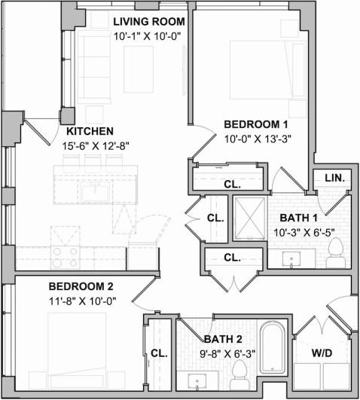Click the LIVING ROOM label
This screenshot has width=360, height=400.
coord(149,22)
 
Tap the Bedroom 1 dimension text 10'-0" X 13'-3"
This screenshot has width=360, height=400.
coord(258,139)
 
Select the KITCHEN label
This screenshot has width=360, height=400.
coord(90,131)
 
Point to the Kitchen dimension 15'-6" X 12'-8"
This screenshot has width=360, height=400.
coord(96,146)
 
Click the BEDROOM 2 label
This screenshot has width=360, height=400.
coord(81,286)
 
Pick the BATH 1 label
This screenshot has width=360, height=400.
coord(299,218)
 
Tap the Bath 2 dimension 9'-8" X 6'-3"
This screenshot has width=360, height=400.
coord(227,354)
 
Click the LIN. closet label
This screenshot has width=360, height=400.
coord(334,178)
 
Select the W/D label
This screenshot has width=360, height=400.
coord(322,353)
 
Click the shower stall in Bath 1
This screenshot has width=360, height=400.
coord(250,218)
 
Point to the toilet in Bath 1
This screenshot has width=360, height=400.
coord(335,253)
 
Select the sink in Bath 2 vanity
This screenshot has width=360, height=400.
coord(197,382)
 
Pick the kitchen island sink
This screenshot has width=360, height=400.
coord(95,192)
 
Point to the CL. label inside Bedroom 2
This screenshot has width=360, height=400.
coord(159,353)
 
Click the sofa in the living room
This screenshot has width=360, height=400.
coord(94,69)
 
